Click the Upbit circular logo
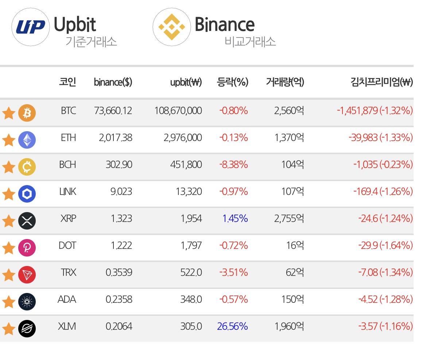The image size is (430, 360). click(x=30, y=27)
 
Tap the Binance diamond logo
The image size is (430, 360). click(x=172, y=27)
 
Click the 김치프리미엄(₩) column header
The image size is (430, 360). click(x=382, y=82)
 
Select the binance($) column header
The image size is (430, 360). click(x=113, y=82)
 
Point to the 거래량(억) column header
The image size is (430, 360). click(x=285, y=82)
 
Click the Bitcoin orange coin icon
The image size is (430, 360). click(x=27, y=113)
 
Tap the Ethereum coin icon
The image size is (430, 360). click(x=27, y=140)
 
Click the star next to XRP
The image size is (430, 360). click(x=8, y=221)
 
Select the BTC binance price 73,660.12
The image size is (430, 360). click(x=113, y=111)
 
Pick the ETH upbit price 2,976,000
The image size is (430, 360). click(x=183, y=137)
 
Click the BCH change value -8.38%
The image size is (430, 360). click(x=234, y=165)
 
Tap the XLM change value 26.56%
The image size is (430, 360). click(x=233, y=326)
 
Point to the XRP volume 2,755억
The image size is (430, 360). click(x=289, y=218)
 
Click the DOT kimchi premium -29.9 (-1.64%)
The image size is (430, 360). click(x=386, y=246)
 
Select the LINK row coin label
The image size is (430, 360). click(x=68, y=192)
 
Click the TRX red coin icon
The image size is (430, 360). click(x=27, y=274)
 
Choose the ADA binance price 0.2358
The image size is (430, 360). click(x=119, y=300)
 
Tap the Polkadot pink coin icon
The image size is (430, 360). click(x=27, y=248)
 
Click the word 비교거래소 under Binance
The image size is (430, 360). click(x=250, y=42)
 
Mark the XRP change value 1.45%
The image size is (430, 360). click(x=235, y=219)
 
